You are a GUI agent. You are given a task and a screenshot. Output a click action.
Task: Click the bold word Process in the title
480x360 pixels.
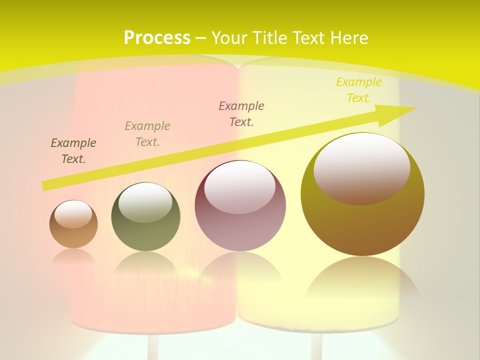click(157, 38)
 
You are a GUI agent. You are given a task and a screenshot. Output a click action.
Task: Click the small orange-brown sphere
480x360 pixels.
click(73, 224)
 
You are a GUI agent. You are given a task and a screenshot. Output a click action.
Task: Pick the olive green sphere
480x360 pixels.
click(145, 216)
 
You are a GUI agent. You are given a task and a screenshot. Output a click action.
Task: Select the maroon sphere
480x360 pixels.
click(240, 205)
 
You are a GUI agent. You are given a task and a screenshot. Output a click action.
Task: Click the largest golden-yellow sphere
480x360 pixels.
click(362, 194)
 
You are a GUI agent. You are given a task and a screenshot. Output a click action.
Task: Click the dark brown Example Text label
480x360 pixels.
click(73, 151)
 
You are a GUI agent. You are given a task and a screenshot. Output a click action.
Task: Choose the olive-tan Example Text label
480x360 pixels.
click(147, 134)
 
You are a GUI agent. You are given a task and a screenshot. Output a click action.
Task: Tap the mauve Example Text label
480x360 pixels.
click(241, 114)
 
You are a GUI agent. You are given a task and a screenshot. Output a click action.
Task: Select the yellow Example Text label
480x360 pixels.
click(359, 90)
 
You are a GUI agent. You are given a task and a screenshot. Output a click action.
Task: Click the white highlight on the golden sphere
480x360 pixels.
click(361, 168)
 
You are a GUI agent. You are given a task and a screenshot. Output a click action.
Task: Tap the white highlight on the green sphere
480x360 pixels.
click(145, 202)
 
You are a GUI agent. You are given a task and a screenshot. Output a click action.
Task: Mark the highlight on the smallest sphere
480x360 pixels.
click(73, 214)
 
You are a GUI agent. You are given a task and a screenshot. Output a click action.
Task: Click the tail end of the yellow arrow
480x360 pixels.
click(46, 185)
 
